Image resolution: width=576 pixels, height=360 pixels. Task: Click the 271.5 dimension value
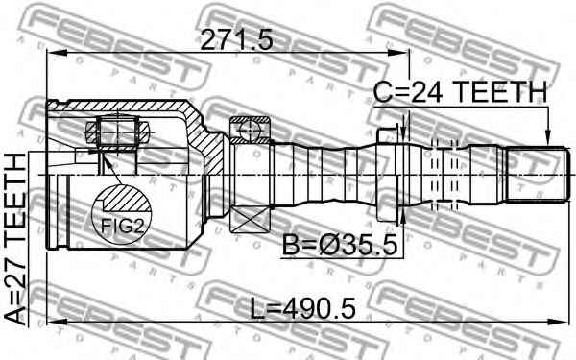[x=236, y=40]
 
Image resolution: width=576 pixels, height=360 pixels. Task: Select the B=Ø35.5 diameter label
[x=340, y=246]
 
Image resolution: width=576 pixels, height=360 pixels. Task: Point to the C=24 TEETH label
[x=460, y=92]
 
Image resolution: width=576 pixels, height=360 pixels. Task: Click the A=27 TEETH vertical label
[x=15, y=239]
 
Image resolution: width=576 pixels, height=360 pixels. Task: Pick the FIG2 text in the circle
[x=121, y=226]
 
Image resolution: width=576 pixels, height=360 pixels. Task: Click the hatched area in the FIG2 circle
[x=124, y=199]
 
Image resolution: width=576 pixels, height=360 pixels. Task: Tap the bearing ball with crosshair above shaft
[x=250, y=130]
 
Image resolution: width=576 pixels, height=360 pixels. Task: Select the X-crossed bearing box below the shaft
[x=250, y=220]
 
